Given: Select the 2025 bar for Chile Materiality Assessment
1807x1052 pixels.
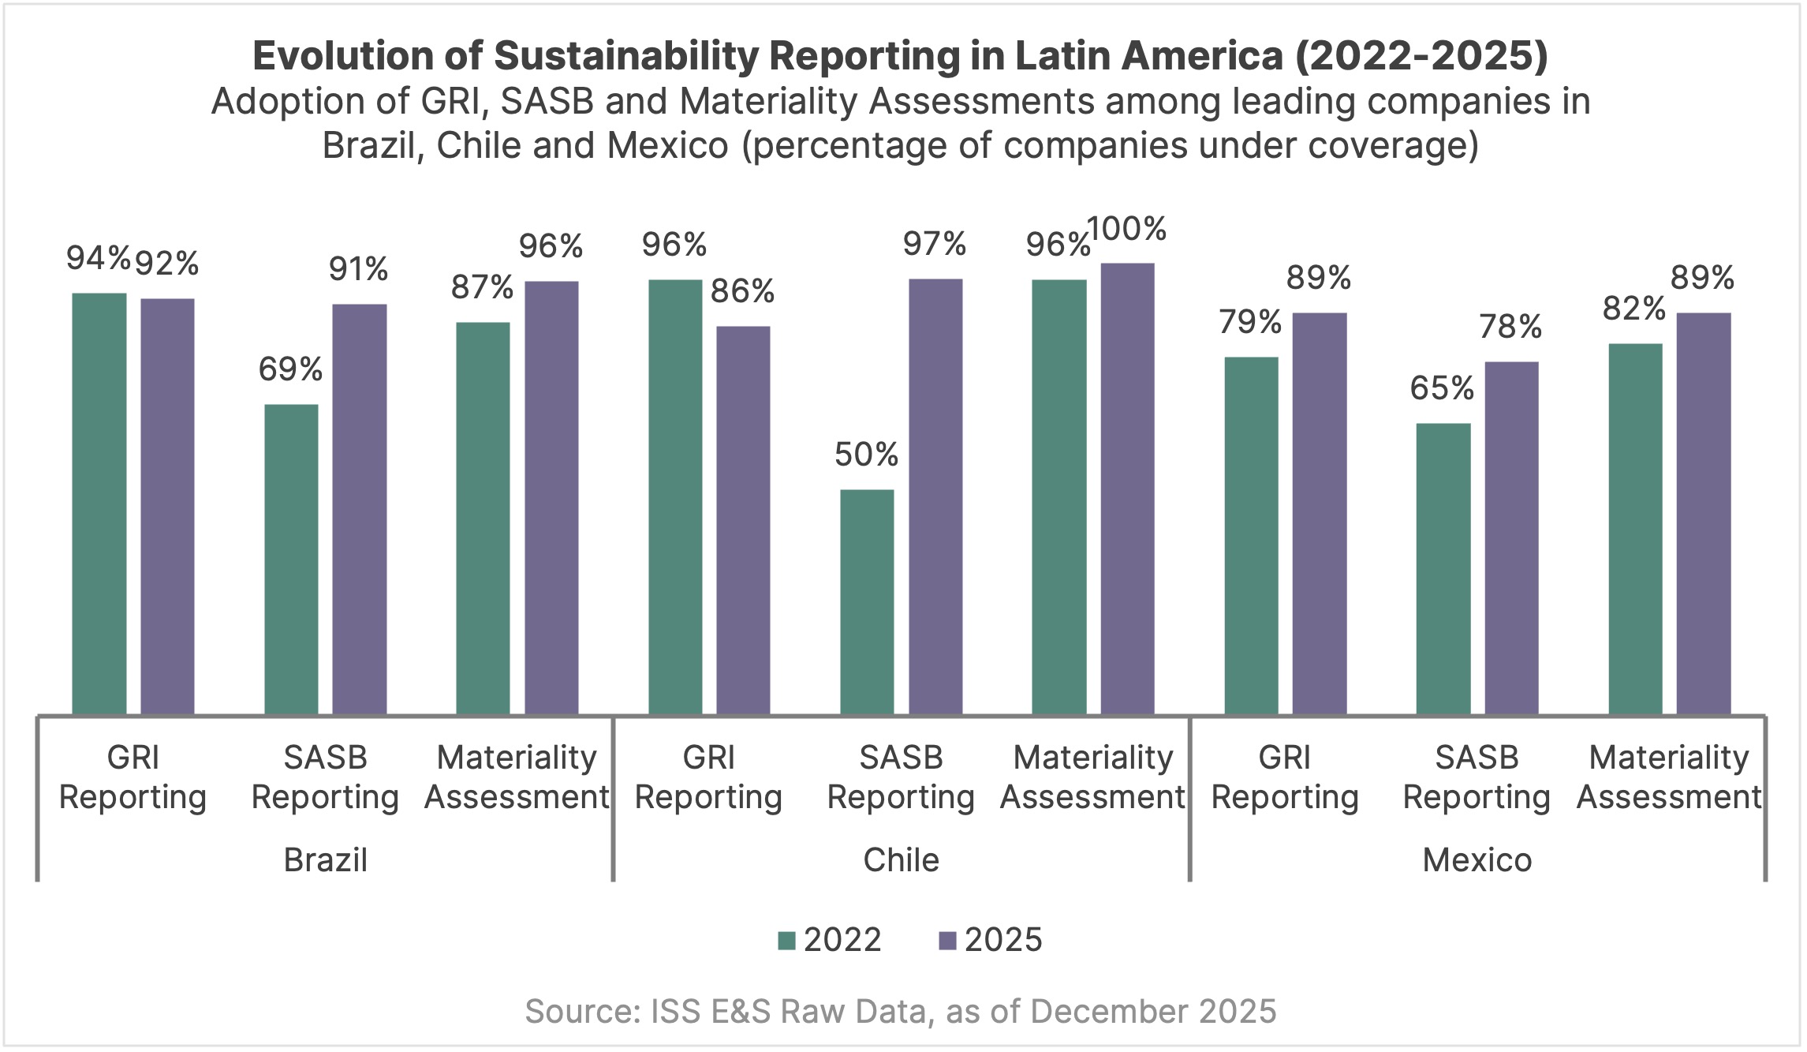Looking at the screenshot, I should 1127,489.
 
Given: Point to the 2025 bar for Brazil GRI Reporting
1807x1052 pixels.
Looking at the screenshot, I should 167,506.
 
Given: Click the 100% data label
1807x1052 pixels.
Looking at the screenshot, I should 1127,230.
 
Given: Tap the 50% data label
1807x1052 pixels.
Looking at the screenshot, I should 866,455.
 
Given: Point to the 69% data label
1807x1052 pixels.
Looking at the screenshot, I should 290,369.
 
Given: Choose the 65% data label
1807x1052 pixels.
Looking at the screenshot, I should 1442,388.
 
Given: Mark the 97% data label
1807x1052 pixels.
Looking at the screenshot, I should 935,245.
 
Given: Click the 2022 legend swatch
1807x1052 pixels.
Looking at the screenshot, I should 786,941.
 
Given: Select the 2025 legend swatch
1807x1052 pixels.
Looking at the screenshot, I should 947,941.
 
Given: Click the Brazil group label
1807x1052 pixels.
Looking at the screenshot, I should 325,860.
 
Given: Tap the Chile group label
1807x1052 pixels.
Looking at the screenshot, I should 901,860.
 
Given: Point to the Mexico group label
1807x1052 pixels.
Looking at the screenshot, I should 1477,860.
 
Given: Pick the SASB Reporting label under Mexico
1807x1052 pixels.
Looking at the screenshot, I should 1477,777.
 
